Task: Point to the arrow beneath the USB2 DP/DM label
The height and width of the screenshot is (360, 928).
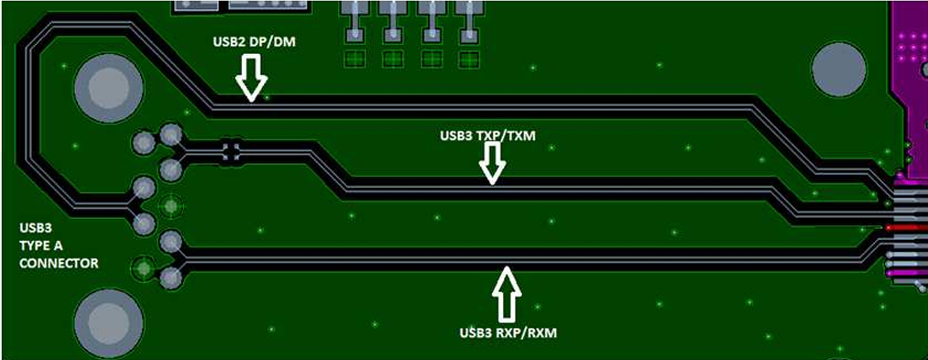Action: (x=252, y=78)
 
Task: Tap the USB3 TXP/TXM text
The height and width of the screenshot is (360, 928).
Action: (x=487, y=136)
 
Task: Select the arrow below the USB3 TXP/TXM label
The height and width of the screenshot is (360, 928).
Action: (x=492, y=163)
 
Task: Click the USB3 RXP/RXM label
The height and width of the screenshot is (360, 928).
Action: (x=508, y=333)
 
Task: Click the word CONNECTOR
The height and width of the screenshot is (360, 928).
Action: (x=59, y=264)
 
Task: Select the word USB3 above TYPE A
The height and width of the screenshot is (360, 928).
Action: (x=33, y=228)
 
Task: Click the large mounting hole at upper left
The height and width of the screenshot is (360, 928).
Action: (x=109, y=88)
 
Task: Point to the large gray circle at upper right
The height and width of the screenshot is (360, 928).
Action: (x=839, y=70)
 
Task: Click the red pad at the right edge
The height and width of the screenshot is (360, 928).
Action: (x=906, y=227)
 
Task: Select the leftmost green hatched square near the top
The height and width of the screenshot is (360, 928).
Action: (x=355, y=60)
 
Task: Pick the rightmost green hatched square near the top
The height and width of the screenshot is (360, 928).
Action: (x=468, y=60)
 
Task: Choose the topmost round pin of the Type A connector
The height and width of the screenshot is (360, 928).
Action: (x=171, y=135)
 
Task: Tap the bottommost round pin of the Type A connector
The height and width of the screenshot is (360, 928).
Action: (x=170, y=278)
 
